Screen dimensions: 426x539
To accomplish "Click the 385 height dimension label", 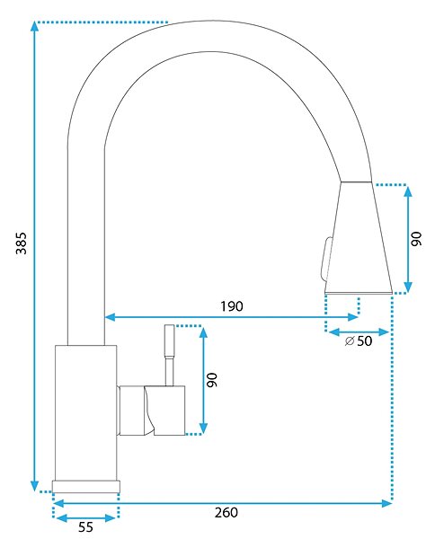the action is coord(22,243).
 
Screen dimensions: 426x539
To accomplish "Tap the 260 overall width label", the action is coord(226,513).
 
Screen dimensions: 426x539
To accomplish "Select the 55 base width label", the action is coord(85,527).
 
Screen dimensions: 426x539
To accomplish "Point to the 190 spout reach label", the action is coord(232,306).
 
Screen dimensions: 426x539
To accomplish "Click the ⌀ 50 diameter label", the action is coord(359,341).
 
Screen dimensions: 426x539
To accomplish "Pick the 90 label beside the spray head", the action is coord(416,239).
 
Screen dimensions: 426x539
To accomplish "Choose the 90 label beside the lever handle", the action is coord(212,380).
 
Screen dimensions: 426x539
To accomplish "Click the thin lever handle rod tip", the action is coord(170,325).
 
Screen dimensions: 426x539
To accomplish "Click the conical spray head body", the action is coord(358,237).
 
